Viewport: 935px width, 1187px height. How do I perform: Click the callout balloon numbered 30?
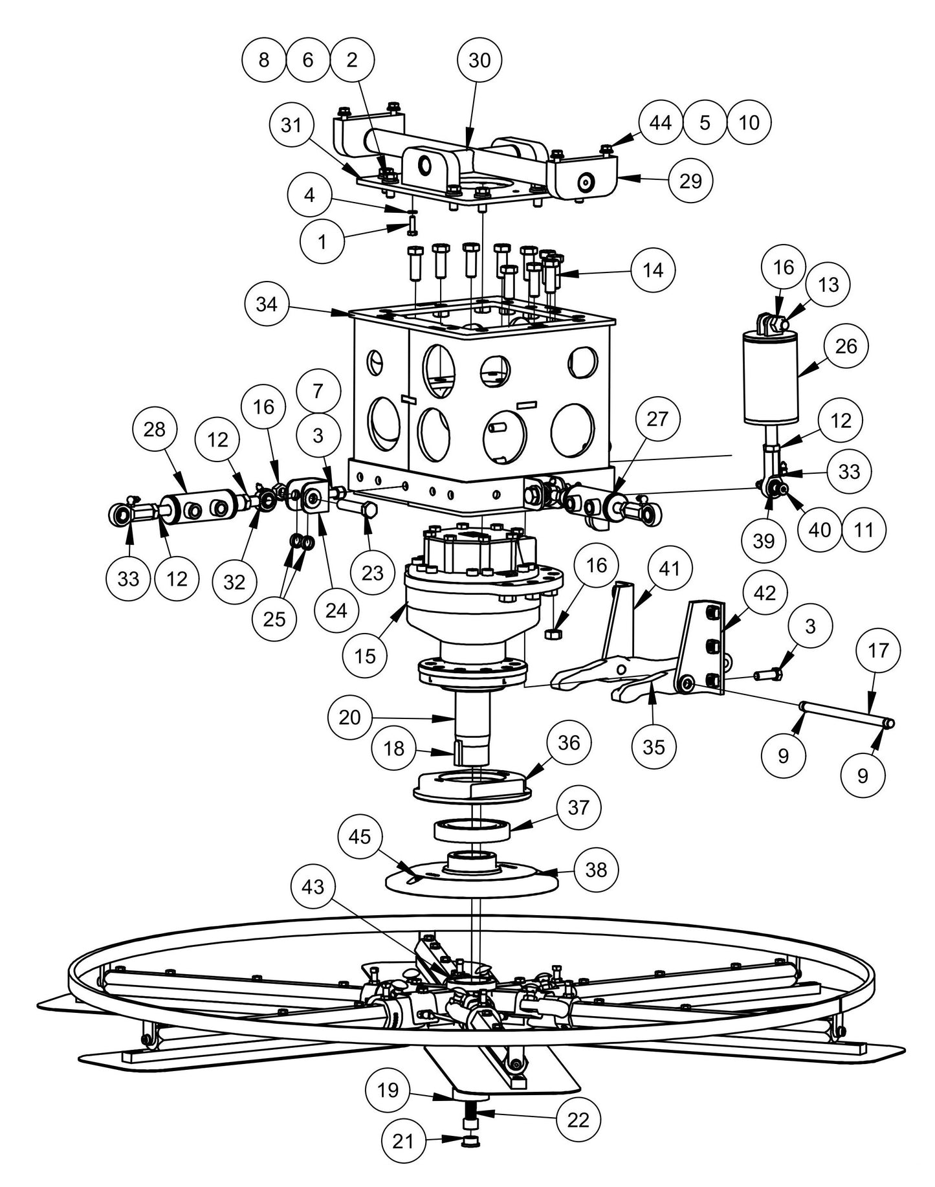479,60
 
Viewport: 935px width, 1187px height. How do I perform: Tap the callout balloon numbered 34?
267,304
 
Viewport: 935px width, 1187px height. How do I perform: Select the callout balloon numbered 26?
846,346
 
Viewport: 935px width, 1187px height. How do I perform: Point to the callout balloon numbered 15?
366,656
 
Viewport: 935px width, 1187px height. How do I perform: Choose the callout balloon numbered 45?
360,836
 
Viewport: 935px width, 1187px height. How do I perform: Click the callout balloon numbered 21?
404,1159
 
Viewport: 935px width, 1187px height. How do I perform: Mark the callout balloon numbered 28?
155,429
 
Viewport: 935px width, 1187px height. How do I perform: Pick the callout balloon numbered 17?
879,650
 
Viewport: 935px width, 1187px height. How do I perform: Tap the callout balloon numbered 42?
765,593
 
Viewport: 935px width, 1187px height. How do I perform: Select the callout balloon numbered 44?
661,122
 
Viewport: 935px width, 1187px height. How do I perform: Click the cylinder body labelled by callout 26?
771,379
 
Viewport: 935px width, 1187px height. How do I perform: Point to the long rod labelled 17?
848,714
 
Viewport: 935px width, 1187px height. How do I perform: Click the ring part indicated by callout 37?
472,829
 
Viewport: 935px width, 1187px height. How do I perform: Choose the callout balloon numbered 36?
569,742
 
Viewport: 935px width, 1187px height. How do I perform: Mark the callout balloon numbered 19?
388,1090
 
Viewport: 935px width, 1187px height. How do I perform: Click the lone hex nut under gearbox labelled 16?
553,633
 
